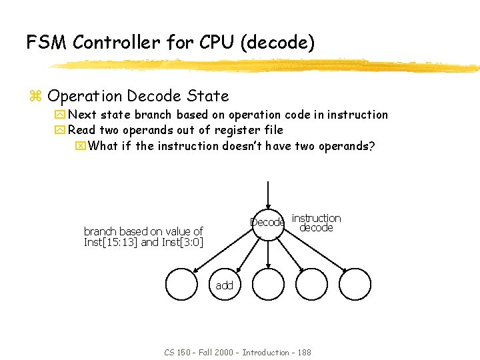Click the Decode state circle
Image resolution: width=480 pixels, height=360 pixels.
coord(267,222)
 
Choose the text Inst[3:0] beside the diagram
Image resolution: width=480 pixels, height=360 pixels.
coord(182,242)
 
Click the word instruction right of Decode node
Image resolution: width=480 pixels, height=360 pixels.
coord(316,218)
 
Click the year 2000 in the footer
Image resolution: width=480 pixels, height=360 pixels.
coord(225,352)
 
